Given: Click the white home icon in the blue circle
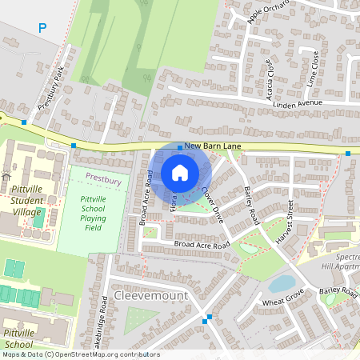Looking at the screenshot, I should (x=180, y=172).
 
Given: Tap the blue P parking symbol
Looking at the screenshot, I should (x=42, y=28).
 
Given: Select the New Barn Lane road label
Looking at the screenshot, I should (x=212, y=146).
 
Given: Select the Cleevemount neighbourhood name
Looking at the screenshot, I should (x=150, y=295).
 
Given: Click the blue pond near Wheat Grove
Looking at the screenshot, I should (x=282, y=282).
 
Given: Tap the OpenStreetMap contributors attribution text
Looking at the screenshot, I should (x=80, y=354).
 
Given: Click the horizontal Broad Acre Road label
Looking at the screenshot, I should (x=202, y=243).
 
